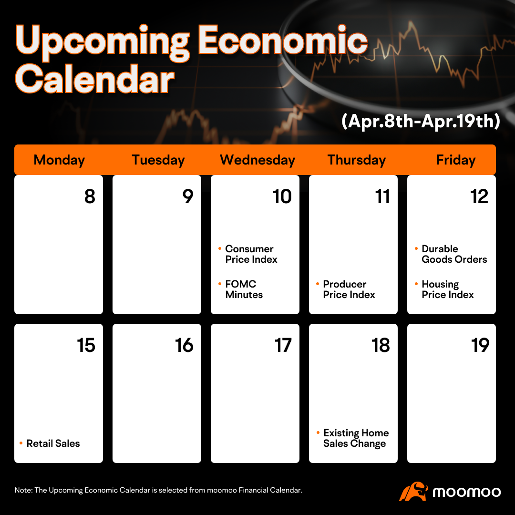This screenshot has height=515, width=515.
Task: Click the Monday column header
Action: pos(59,160)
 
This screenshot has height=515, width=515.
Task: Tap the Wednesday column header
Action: pos(257,160)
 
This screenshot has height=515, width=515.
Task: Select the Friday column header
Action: pos(456,160)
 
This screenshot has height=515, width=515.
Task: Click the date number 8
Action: pos(90,196)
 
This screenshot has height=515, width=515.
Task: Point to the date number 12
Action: pos(479,196)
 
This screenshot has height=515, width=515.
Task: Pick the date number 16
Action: pos(184,345)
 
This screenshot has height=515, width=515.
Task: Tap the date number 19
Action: pos(480,345)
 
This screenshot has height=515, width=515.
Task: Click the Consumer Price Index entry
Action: pos(251,254)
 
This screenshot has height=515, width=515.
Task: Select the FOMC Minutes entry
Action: pos(244,289)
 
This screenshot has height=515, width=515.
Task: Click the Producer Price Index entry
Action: pos(349,289)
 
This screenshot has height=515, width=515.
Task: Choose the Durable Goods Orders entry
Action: pos(454,254)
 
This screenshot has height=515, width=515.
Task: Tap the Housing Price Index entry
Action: pos(448,289)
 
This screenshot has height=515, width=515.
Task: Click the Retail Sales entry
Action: pos(53,443)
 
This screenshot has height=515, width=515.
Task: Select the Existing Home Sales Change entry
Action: pos(356,438)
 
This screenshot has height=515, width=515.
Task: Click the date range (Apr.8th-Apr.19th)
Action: pos(421,121)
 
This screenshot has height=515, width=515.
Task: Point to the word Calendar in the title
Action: pos(94,79)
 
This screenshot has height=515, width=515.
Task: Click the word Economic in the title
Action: pos(282,40)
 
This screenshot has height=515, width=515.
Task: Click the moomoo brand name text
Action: pos(467,492)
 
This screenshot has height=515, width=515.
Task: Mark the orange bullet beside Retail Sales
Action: pos(21,443)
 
